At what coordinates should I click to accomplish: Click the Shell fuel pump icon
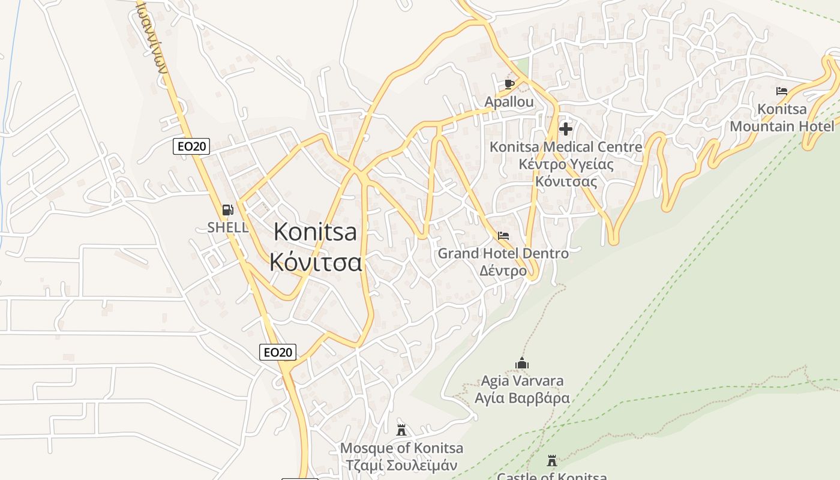point(227,210)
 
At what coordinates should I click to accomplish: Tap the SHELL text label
point(227,227)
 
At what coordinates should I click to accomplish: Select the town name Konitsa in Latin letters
point(315,232)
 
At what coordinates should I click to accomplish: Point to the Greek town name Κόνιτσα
point(316,262)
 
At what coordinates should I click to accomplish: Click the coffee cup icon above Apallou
point(509,84)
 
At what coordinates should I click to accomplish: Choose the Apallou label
point(509,102)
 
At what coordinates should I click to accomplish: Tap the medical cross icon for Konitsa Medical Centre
point(565,128)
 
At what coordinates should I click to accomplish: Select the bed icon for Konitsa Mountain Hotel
point(781,91)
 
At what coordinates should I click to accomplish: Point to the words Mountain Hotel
point(781,127)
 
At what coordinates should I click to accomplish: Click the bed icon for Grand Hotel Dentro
point(503,236)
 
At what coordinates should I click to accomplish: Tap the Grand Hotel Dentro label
point(503,253)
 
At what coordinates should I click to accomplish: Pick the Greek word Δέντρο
point(503,271)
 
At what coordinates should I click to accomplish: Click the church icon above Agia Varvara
point(522,363)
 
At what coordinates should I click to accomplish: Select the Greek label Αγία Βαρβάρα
point(522,398)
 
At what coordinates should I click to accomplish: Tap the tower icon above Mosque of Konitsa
point(401,430)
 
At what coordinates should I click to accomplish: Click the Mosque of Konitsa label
point(401,448)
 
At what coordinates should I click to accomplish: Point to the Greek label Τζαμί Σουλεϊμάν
point(401,466)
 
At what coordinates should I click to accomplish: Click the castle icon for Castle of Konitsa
point(552,461)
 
